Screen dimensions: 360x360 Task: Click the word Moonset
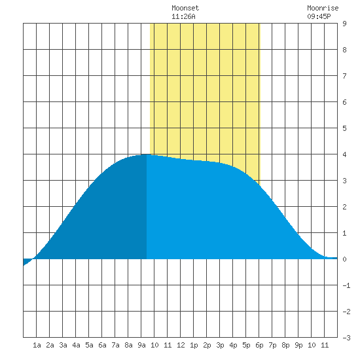pyautogui.click(x=185, y=9)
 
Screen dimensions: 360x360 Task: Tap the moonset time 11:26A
pyautogui.click(x=183, y=16)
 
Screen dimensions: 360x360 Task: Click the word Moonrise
pyautogui.click(x=323, y=9)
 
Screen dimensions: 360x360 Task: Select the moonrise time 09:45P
pyautogui.click(x=319, y=16)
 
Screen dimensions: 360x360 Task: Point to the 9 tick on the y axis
pyautogui.click(x=344, y=24)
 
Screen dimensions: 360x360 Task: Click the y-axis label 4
pyautogui.click(x=344, y=154)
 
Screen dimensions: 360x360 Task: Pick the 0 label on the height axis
pyautogui.click(x=344, y=259)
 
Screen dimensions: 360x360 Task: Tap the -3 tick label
pyautogui.click(x=346, y=338)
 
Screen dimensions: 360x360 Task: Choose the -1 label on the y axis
pyautogui.click(x=346, y=285)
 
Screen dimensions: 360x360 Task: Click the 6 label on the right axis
pyautogui.click(x=344, y=102)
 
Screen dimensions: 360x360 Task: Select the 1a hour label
pyautogui.click(x=37, y=345)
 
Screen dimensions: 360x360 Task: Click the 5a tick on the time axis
pyautogui.click(x=89, y=345)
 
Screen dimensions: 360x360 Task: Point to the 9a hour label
pyautogui.click(x=141, y=345)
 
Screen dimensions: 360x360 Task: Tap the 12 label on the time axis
pyautogui.click(x=181, y=345)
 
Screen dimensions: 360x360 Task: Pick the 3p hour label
pyautogui.click(x=220, y=345)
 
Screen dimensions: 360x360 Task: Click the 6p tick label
pyautogui.click(x=259, y=345)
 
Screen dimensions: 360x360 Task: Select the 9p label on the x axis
pyautogui.click(x=298, y=345)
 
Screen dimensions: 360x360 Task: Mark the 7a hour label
pyautogui.click(x=115, y=345)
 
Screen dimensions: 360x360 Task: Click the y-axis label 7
pyautogui.click(x=344, y=76)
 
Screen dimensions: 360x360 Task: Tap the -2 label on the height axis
pyautogui.click(x=346, y=312)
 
